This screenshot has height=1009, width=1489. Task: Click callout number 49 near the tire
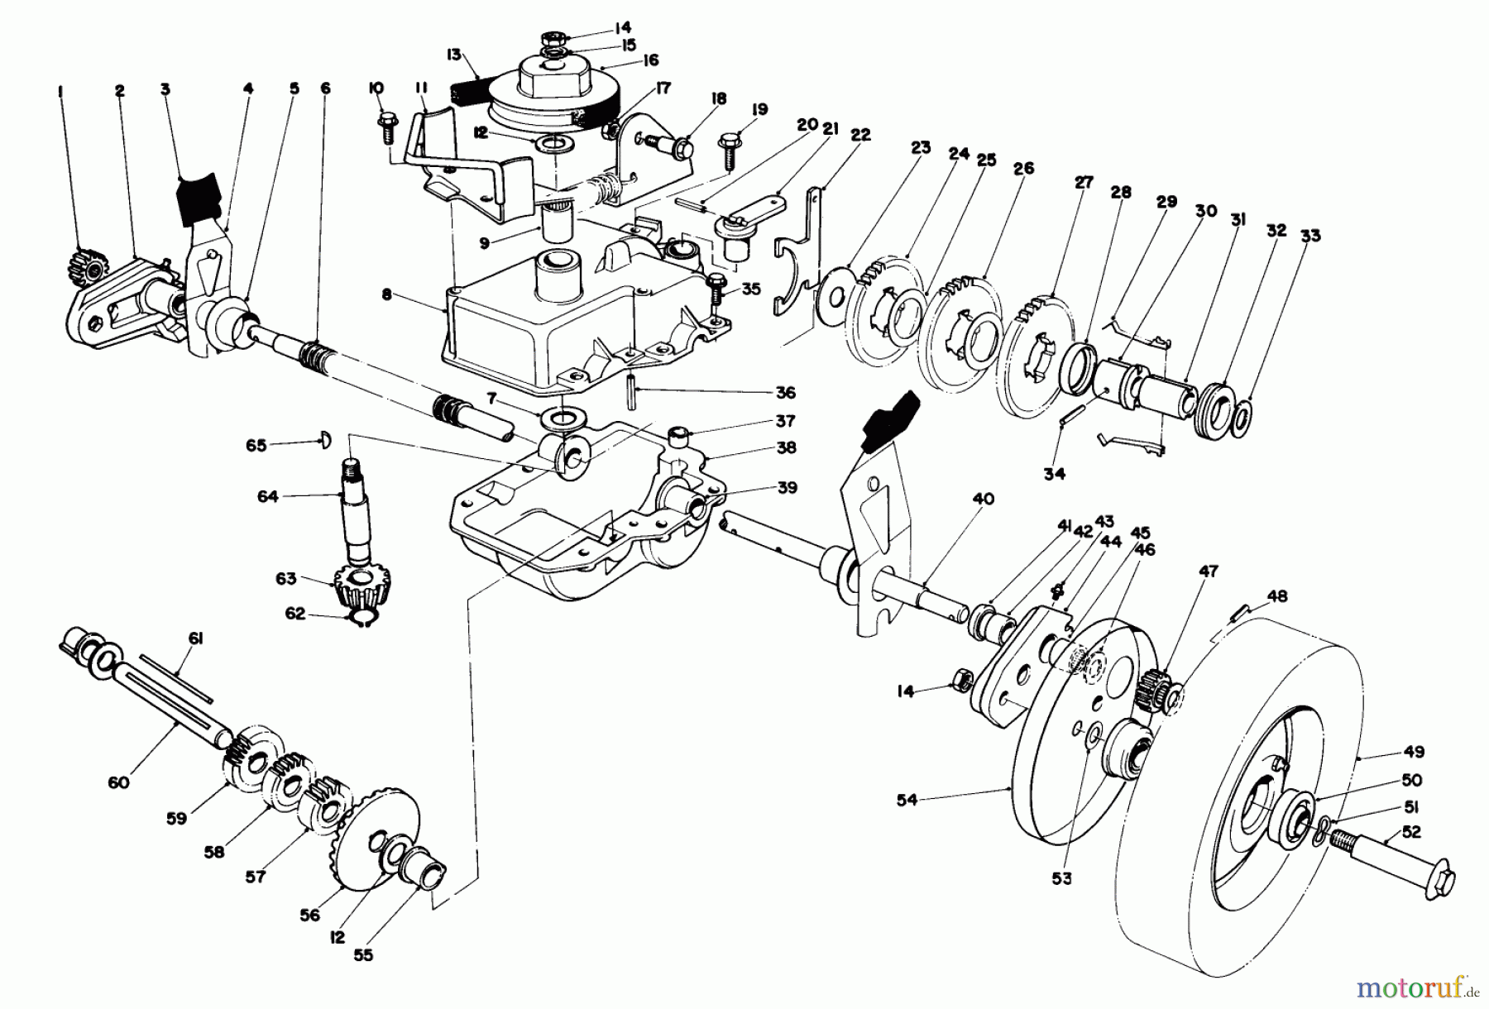(x=1413, y=753)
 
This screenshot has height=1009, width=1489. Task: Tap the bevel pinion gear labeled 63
(x=357, y=589)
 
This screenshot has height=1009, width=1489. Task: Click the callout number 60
(x=119, y=782)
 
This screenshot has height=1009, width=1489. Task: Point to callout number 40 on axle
(x=982, y=500)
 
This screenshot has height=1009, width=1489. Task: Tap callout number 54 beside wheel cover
(x=907, y=799)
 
